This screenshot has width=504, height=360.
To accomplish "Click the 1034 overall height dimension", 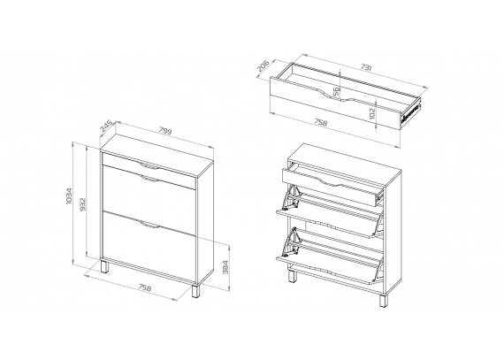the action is (x=69, y=195).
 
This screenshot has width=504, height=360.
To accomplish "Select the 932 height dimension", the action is (x=82, y=204).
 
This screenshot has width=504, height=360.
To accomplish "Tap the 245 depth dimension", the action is (x=106, y=126).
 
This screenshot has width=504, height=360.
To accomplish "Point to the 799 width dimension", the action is (x=165, y=130).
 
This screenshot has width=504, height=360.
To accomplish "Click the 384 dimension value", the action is (x=225, y=267).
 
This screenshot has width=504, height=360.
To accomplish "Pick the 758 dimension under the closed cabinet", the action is (x=145, y=287).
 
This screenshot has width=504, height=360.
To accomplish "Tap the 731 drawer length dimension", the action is (x=366, y=67).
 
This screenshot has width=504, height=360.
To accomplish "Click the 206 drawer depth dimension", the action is (x=263, y=65).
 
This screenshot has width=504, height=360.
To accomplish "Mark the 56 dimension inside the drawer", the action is (x=336, y=91).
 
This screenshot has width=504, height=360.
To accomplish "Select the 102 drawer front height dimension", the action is (x=372, y=113).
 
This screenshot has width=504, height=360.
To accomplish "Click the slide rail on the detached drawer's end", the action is (x=410, y=113).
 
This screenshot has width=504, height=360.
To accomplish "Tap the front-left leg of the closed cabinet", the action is (x=105, y=267).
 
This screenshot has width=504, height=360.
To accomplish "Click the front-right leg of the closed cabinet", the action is (x=196, y=290).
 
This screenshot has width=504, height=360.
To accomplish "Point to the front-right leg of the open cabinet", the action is (x=383, y=300).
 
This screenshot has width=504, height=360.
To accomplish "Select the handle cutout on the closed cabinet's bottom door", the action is (x=149, y=225).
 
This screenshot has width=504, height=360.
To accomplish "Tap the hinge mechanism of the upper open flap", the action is (x=292, y=198).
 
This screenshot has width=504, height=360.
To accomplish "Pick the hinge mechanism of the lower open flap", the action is (x=291, y=242).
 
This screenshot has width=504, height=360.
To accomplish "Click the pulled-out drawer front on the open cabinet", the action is (x=330, y=187).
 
